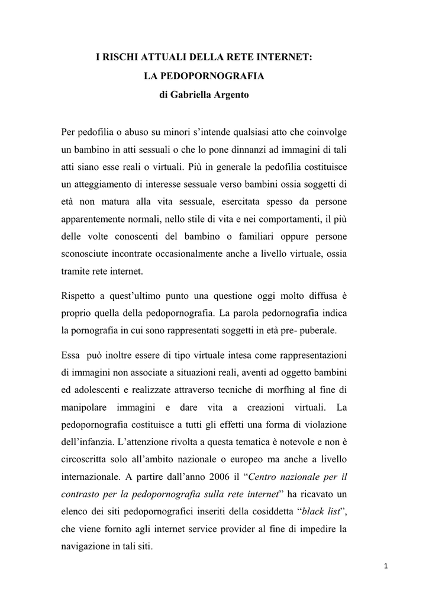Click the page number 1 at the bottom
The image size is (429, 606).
coord(386,566)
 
